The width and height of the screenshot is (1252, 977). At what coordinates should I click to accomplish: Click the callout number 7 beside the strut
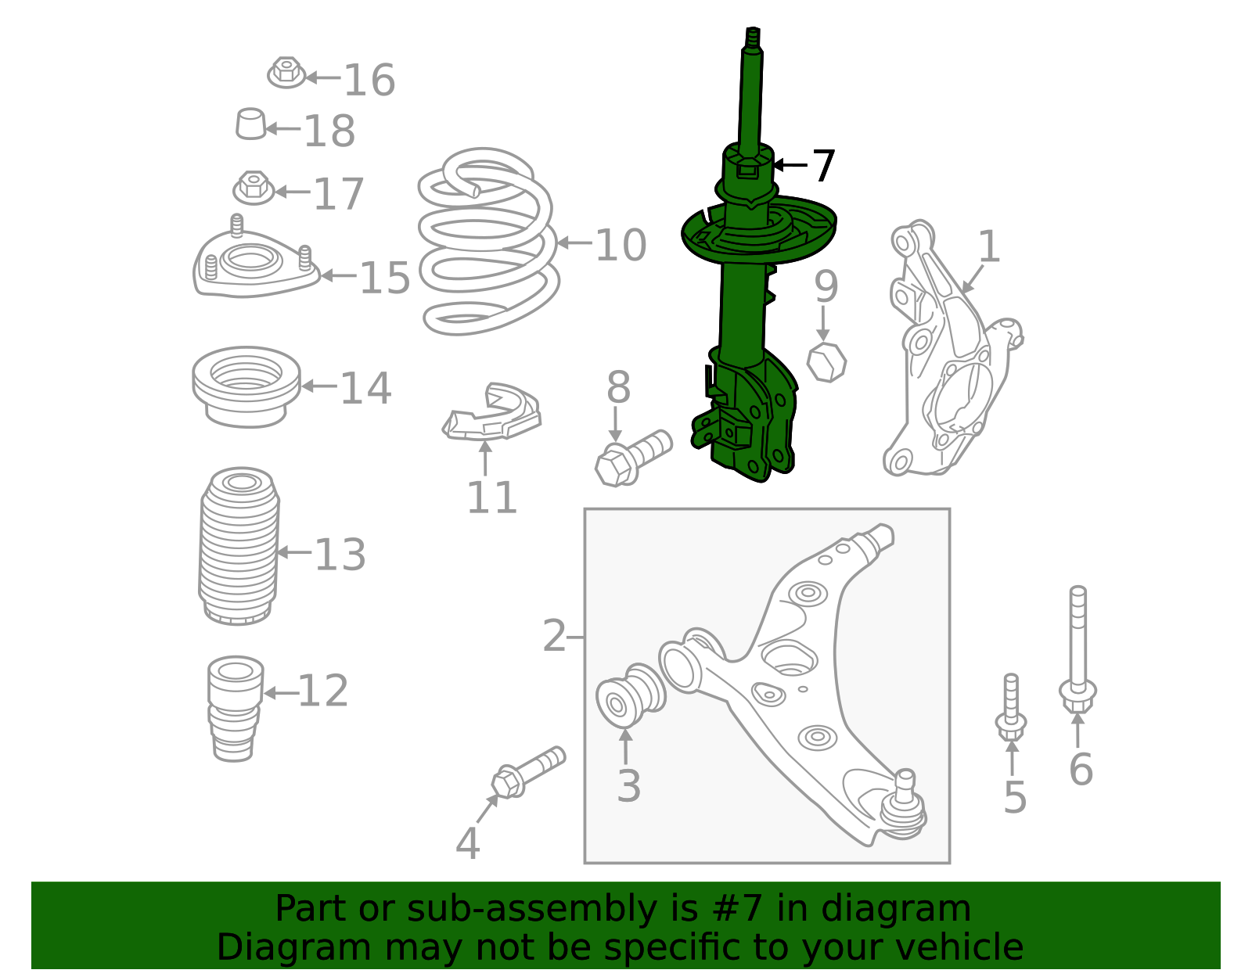click(822, 166)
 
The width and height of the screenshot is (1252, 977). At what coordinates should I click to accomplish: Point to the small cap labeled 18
click(250, 124)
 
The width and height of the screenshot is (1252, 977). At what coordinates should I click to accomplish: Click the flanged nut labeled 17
click(254, 188)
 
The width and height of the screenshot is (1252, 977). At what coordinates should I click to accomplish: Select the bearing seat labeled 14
click(246, 386)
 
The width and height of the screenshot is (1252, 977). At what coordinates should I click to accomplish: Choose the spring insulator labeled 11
click(493, 415)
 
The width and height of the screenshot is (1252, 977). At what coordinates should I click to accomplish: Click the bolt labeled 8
click(632, 457)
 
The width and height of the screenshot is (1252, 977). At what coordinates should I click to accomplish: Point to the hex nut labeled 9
click(826, 362)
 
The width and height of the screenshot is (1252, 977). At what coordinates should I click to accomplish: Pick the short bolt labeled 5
click(1012, 707)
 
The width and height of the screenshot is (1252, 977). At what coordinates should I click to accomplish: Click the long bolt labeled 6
click(1078, 649)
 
